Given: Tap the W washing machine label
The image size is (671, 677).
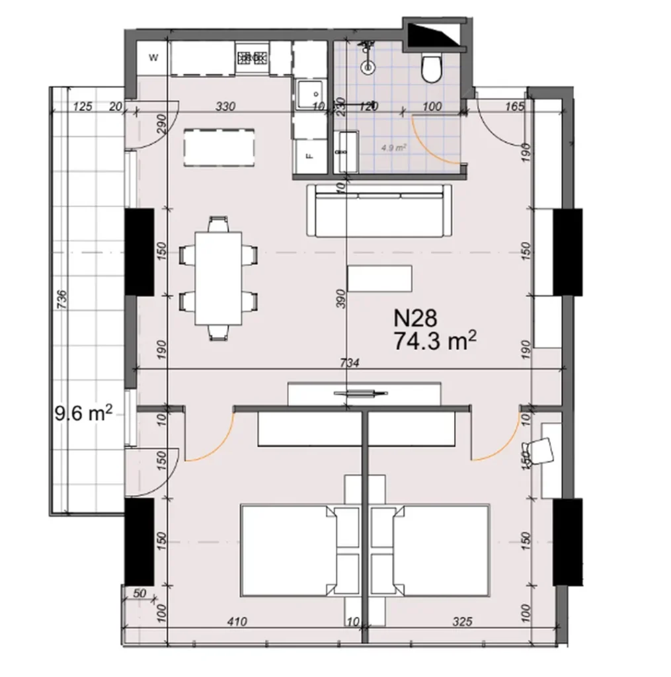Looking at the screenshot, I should click(153, 58).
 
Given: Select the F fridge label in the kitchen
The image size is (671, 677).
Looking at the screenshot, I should click(309, 157).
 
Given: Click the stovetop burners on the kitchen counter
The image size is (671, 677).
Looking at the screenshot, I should click(252, 58).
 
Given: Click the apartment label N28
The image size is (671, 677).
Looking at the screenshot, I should click(415, 319).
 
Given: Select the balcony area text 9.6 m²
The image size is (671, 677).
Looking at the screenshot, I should click(81, 415).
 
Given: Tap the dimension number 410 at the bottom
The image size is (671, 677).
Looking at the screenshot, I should click(236, 621).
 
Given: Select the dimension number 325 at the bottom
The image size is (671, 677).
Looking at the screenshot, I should click(463, 621).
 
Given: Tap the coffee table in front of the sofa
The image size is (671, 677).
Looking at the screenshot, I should click(379, 278).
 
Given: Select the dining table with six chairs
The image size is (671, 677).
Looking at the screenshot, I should click(219, 278).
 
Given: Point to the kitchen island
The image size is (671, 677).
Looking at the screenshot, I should click(219, 147).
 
